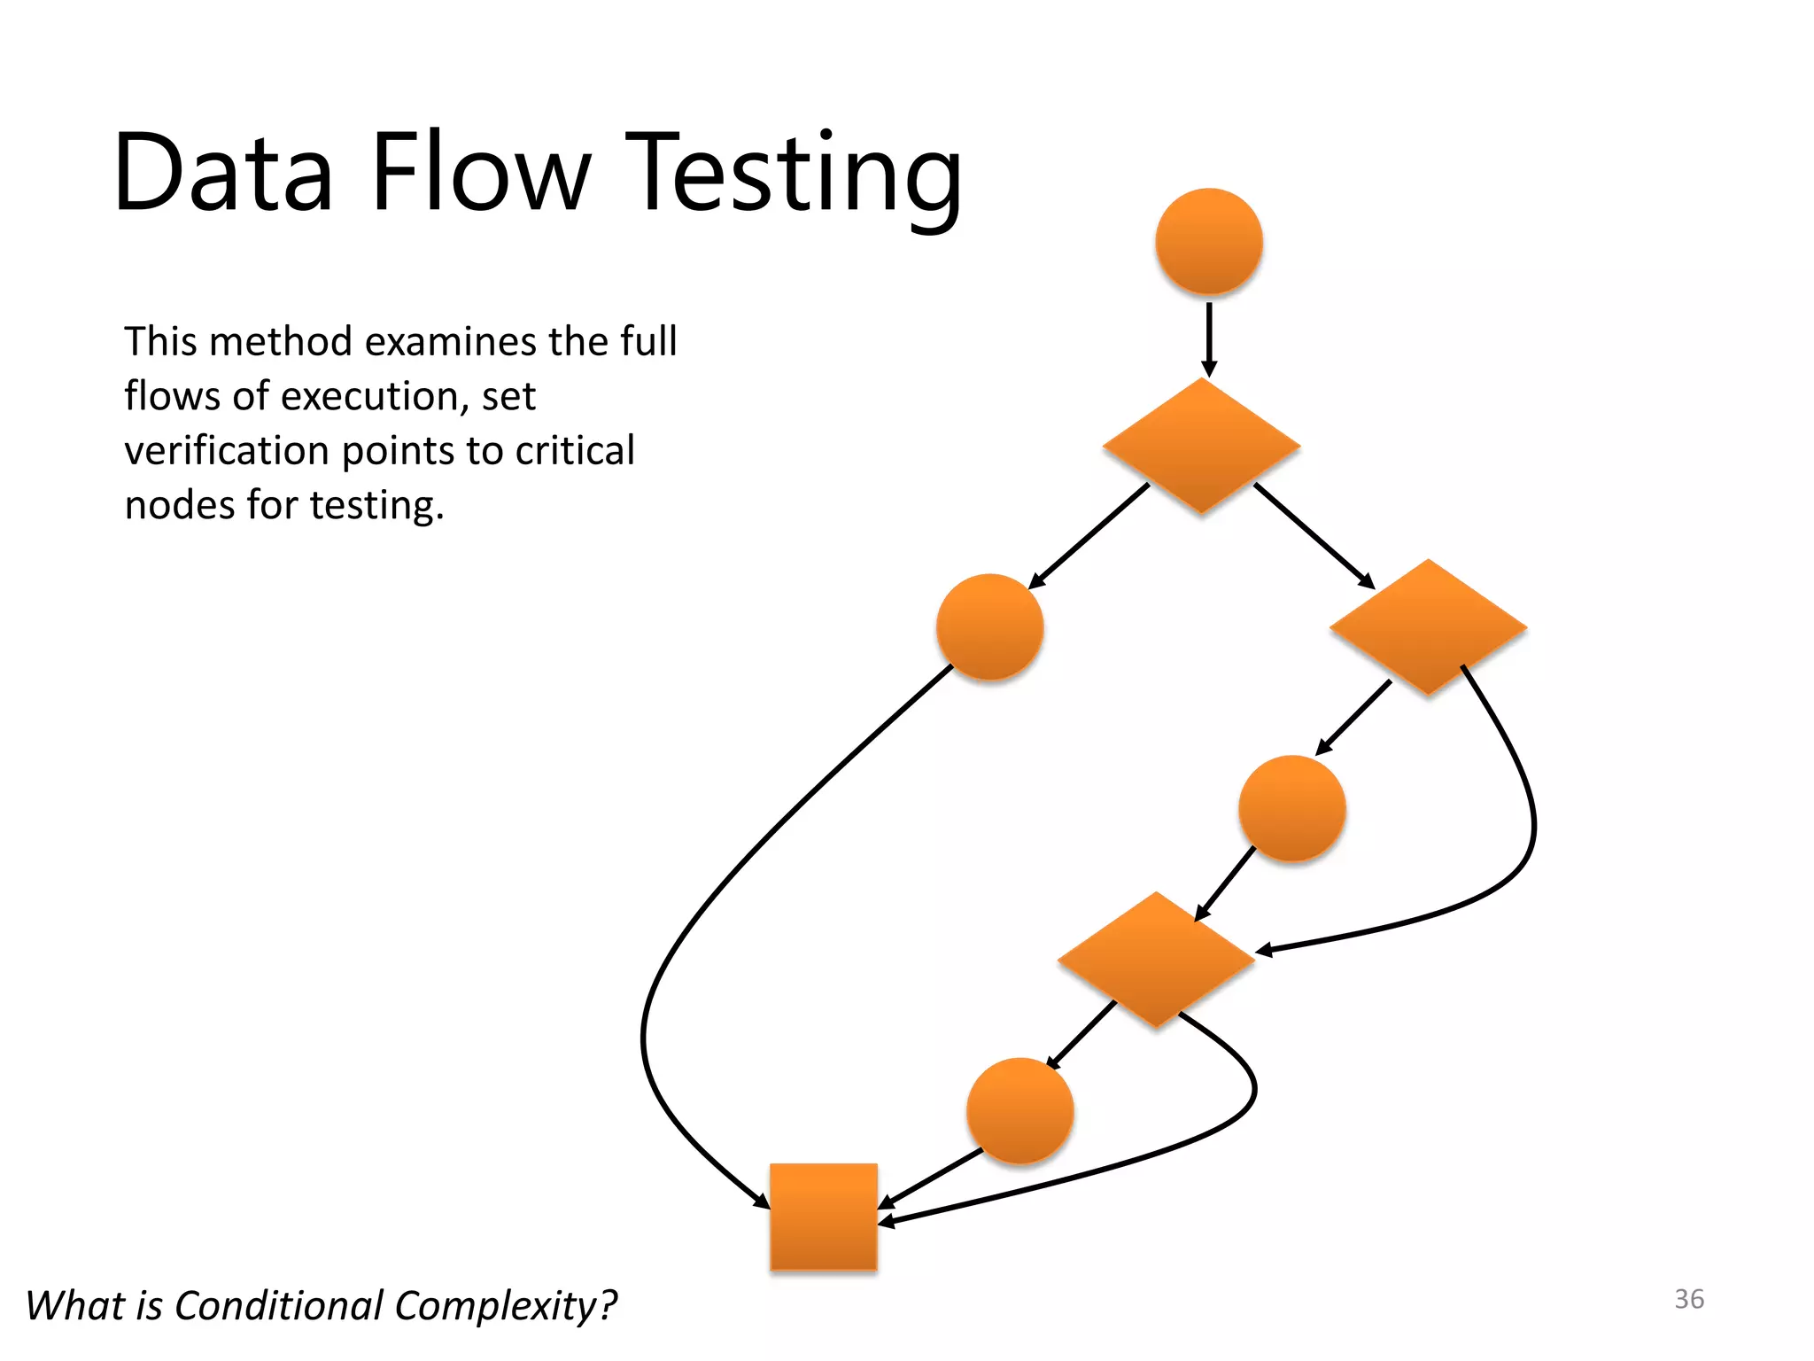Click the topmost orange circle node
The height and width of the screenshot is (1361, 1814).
click(1208, 241)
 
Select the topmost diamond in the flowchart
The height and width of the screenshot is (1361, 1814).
click(1201, 446)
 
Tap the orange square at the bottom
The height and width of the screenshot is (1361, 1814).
click(824, 1217)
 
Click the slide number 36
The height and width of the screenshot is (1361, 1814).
click(1688, 1299)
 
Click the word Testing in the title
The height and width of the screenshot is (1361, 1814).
click(794, 173)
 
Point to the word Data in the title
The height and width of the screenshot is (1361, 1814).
click(223, 173)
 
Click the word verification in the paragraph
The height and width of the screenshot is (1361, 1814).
click(228, 450)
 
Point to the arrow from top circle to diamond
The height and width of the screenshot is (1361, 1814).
click(1208, 337)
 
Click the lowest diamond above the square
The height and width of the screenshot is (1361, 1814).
click(1156, 959)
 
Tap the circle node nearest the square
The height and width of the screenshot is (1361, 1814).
click(1019, 1109)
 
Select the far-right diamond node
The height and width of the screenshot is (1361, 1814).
click(1428, 626)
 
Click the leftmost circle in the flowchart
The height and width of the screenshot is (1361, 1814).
click(989, 626)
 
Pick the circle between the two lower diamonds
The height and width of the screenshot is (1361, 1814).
click(1291, 808)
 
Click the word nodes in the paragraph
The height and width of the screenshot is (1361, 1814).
click(181, 505)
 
